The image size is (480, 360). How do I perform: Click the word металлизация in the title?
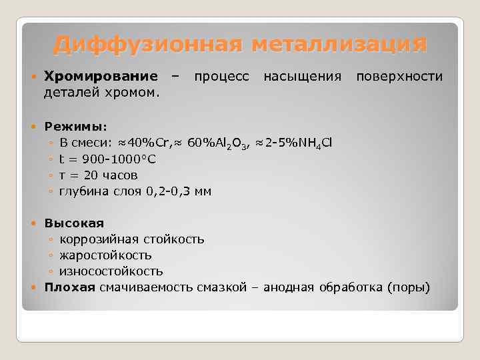click(x=339, y=45)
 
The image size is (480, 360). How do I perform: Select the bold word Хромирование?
click(x=101, y=76)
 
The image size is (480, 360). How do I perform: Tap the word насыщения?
click(x=303, y=76)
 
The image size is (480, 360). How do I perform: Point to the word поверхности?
click(x=399, y=76)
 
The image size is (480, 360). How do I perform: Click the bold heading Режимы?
click(x=70, y=127)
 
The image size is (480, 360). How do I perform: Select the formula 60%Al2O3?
click(x=217, y=143)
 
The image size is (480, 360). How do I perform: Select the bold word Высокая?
click(x=74, y=223)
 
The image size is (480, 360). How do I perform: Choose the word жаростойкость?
click(x=105, y=255)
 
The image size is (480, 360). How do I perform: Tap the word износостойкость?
click(x=111, y=271)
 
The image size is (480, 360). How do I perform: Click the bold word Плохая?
click(x=70, y=287)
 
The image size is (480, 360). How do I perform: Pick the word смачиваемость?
click(x=146, y=287)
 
